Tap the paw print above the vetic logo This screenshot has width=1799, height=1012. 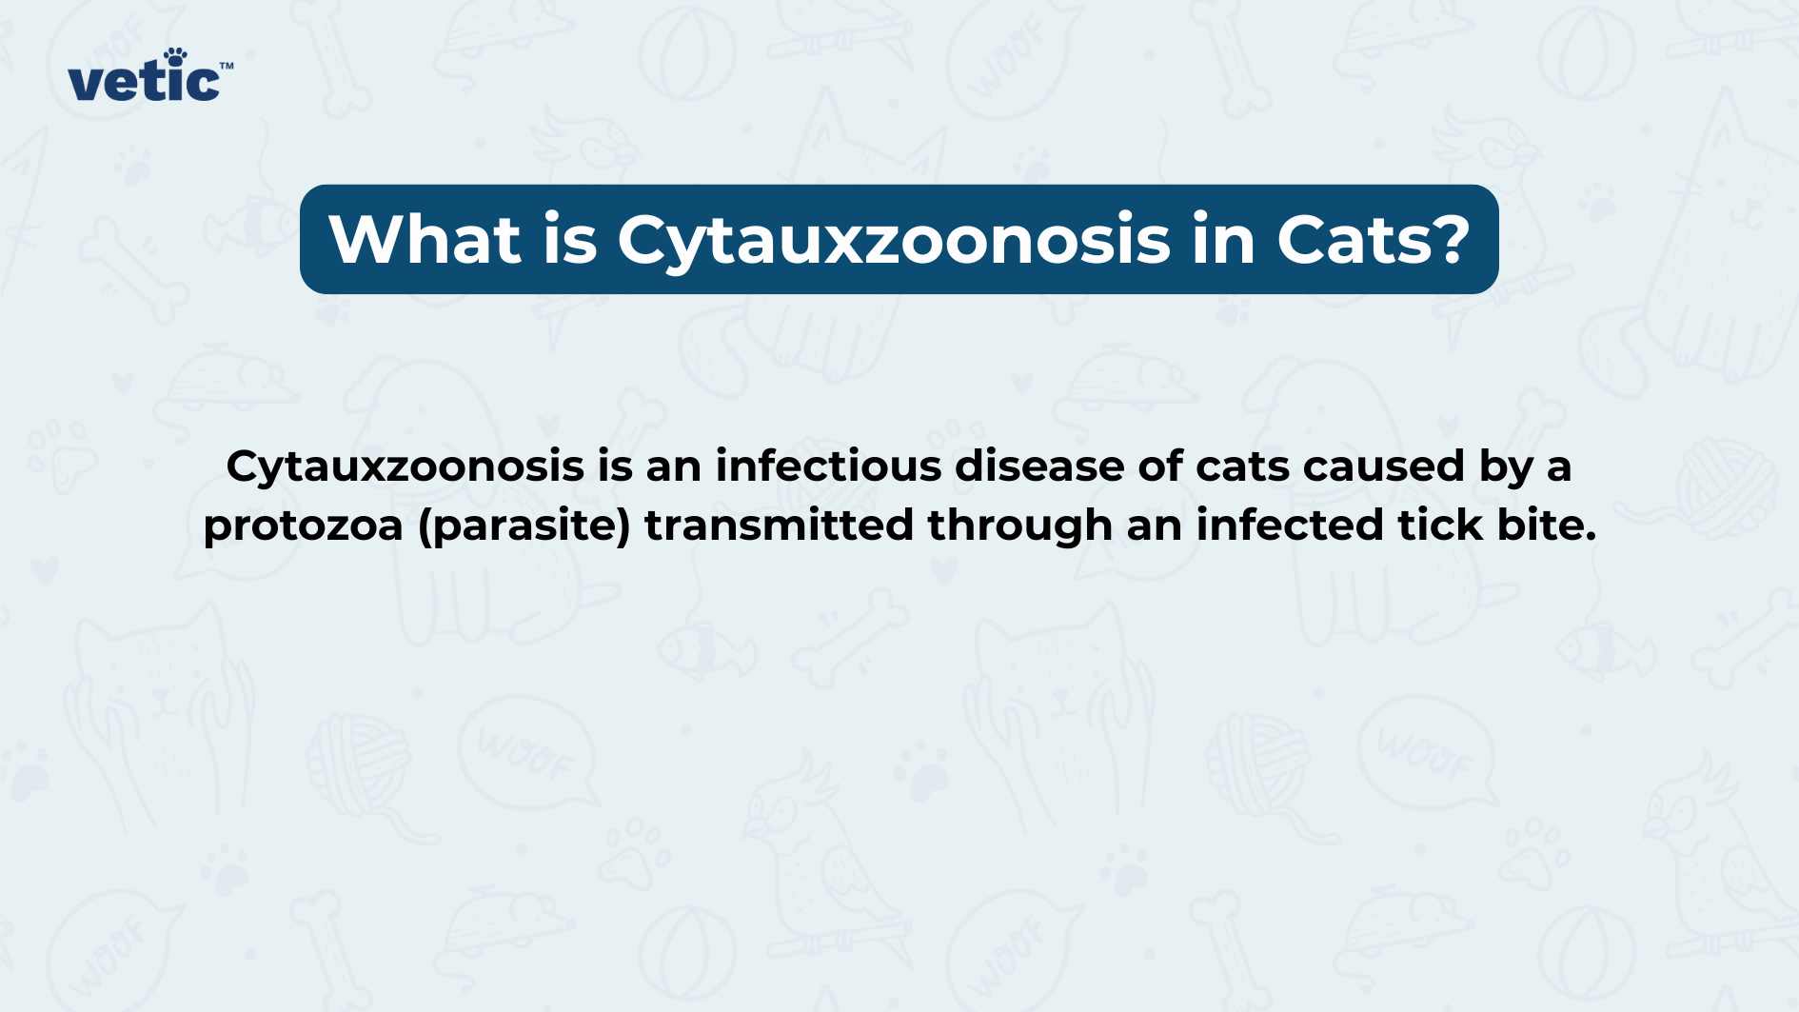click(x=175, y=56)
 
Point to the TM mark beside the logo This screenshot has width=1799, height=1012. click(x=227, y=67)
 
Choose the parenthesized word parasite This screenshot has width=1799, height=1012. click(x=524, y=526)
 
